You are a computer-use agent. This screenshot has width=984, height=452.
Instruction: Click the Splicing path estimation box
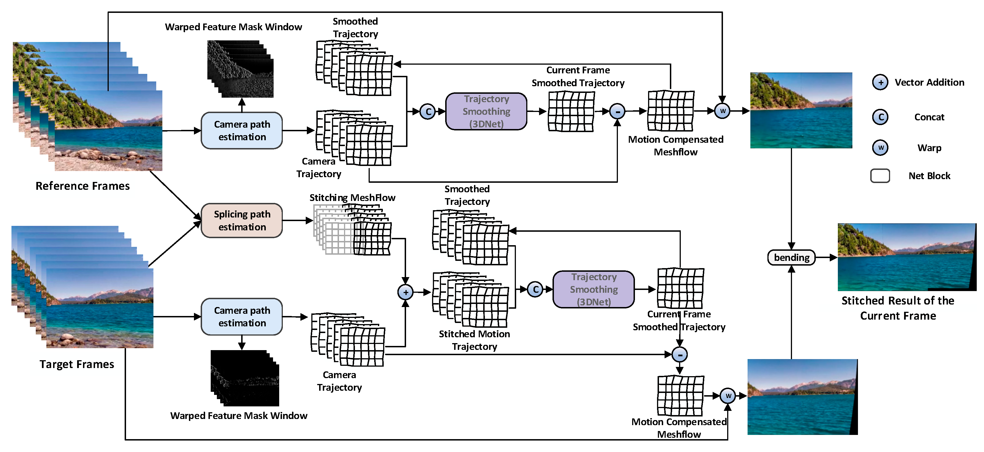tap(241, 220)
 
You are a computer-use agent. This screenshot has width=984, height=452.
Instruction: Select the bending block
tap(791, 257)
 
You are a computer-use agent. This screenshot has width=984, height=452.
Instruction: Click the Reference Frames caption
tap(82, 186)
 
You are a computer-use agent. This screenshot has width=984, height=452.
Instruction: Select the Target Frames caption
tap(77, 364)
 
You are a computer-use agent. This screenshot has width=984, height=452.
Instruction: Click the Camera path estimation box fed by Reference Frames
tap(241, 130)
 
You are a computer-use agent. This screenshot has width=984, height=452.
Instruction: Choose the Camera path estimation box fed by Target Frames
tap(241, 317)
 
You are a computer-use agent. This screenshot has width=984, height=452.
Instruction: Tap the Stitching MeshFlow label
tap(352, 198)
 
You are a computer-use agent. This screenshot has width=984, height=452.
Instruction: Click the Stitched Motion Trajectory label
tap(474, 340)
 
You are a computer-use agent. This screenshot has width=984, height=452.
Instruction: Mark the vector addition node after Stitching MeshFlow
tap(405, 292)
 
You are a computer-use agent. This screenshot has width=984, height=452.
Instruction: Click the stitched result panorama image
tap(907, 257)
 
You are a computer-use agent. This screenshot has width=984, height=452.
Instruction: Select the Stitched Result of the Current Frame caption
tap(898, 308)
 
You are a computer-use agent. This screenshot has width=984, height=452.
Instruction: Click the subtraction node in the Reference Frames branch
tap(617, 111)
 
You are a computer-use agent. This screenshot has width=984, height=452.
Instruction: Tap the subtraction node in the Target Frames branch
tap(680, 355)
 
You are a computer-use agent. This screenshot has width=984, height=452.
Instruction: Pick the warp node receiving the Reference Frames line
tap(722, 111)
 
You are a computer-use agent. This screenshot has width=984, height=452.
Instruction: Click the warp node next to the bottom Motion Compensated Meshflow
tap(728, 396)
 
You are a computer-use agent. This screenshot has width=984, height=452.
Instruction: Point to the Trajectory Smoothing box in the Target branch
tap(593, 289)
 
